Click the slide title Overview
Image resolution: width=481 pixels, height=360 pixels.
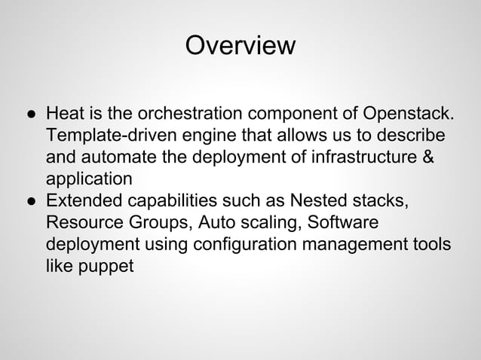pyautogui.click(x=240, y=46)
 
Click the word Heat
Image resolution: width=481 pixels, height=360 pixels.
pyautogui.click(x=63, y=115)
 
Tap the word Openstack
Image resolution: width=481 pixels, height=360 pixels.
pyautogui.click(x=409, y=115)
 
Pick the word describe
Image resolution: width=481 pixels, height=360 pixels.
pyautogui.click(x=409, y=137)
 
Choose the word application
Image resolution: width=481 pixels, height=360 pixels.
pyautogui.click(x=89, y=181)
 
